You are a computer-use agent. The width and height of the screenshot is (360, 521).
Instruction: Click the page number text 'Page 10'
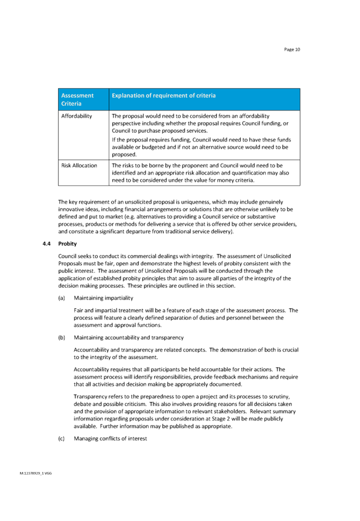292,50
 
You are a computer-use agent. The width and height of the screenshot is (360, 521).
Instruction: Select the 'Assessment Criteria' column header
77,99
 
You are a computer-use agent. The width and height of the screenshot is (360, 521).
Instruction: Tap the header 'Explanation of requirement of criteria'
164,95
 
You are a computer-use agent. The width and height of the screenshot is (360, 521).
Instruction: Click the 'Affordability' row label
76,115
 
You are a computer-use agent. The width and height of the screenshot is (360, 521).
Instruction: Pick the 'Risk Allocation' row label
79,166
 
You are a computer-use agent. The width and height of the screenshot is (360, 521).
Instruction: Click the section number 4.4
47,244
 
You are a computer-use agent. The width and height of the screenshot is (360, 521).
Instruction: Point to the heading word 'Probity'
67,244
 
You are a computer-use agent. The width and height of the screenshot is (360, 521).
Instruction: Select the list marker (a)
61,297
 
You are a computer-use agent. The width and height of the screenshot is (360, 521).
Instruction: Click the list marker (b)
61,337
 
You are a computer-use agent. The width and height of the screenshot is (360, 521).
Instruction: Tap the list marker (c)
61,439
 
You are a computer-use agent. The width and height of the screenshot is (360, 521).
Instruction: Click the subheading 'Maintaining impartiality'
103,297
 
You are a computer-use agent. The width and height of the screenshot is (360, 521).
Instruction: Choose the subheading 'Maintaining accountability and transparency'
128,337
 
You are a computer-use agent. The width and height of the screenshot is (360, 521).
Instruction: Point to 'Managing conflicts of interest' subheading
111,439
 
